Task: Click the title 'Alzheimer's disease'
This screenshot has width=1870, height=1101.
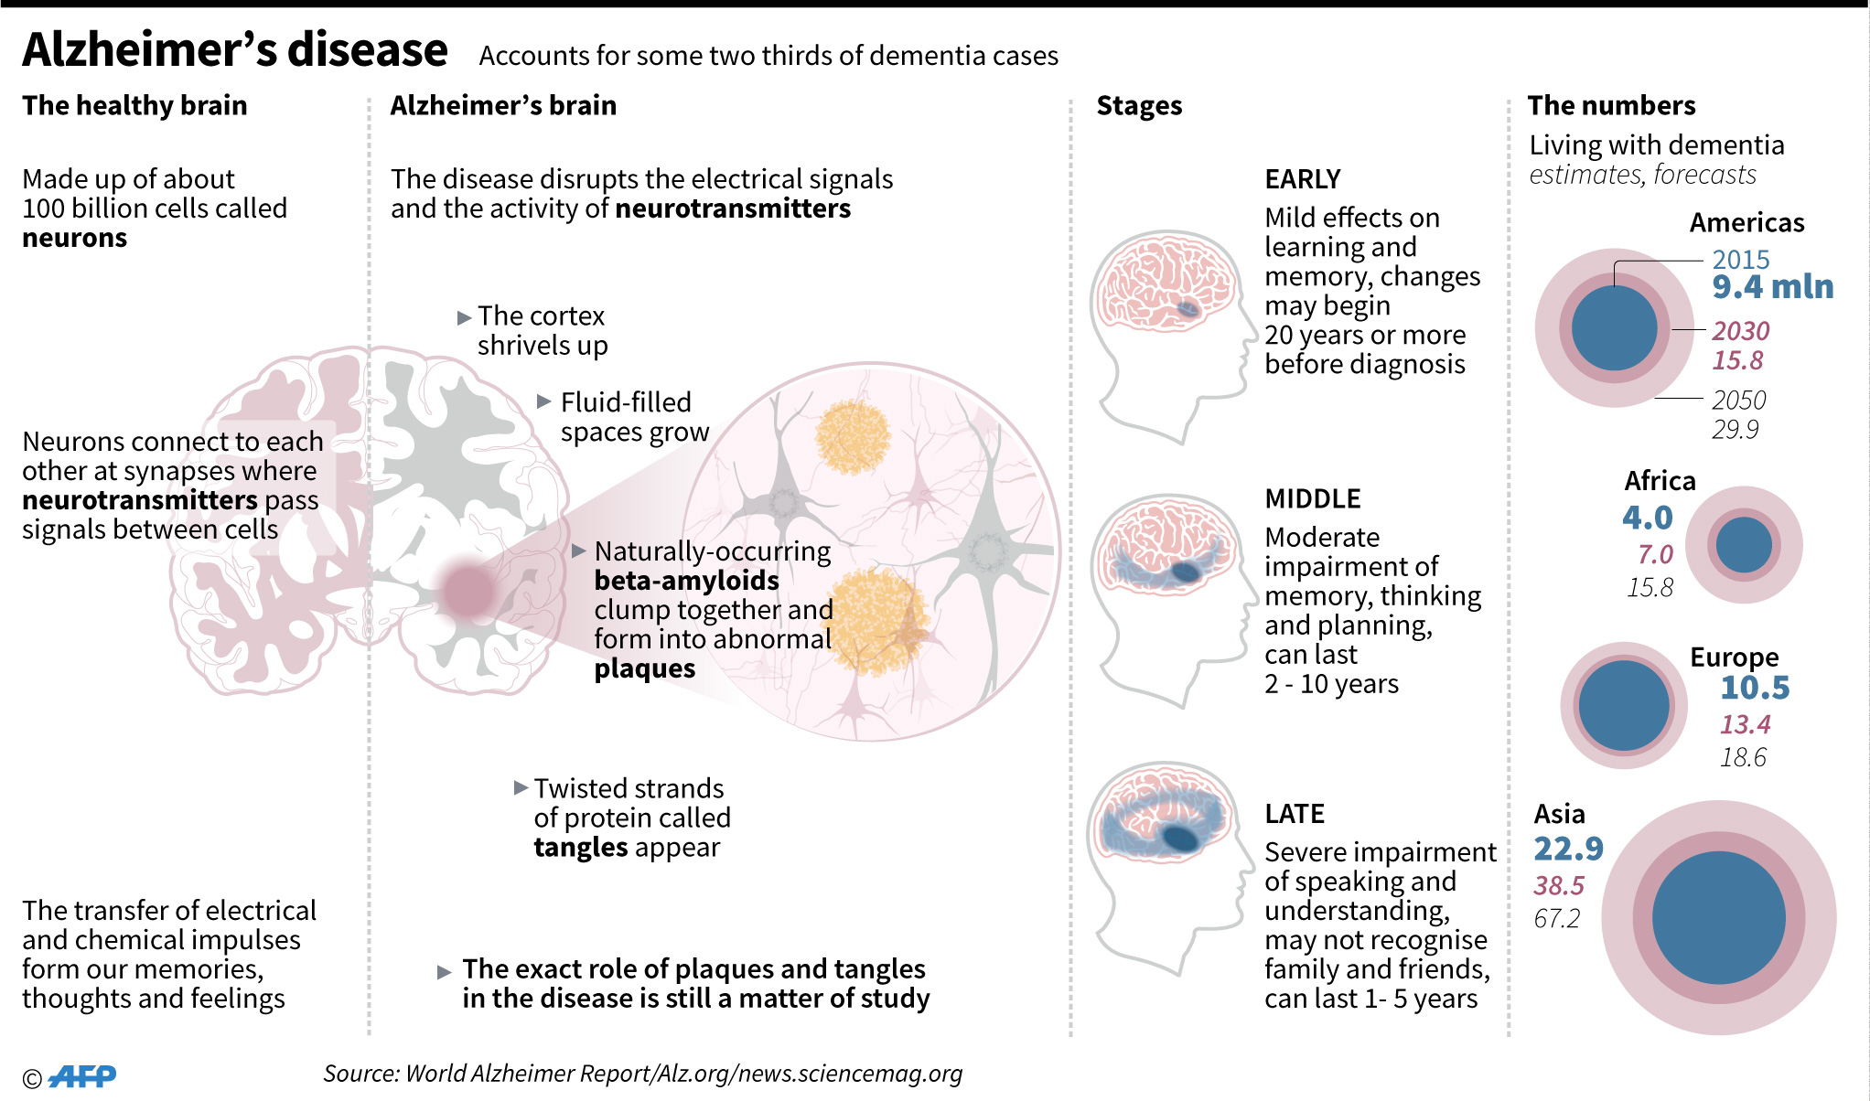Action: (x=235, y=50)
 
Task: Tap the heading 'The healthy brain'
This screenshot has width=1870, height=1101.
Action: (x=134, y=106)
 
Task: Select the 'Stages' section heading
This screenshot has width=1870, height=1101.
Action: (x=1139, y=106)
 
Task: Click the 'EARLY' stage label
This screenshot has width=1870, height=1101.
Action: (x=1302, y=179)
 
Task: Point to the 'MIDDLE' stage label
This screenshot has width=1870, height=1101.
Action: (x=1312, y=499)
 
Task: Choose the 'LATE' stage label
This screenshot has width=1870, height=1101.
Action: (x=1294, y=814)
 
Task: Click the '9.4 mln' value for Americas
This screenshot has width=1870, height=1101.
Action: (x=1772, y=287)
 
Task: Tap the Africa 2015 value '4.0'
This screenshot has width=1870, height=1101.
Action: (x=1647, y=518)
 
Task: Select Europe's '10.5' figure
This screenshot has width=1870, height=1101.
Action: (x=1754, y=688)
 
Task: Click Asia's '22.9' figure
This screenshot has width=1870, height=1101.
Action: (x=1568, y=849)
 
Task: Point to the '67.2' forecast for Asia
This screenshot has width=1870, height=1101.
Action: (x=1556, y=918)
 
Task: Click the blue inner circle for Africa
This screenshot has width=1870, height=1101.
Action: (x=1743, y=545)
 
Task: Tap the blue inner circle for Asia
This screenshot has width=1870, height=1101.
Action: (x=1718, y=917)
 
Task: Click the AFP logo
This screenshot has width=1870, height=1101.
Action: (x=82, y=1076)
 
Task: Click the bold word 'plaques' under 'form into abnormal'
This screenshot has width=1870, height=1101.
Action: (x=644, y=669)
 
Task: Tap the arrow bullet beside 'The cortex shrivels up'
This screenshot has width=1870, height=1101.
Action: (x=464, y=318)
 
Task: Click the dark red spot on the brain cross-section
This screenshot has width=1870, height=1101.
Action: (x=467, y=590)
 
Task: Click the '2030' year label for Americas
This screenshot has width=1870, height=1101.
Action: (x=1740, y=331)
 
